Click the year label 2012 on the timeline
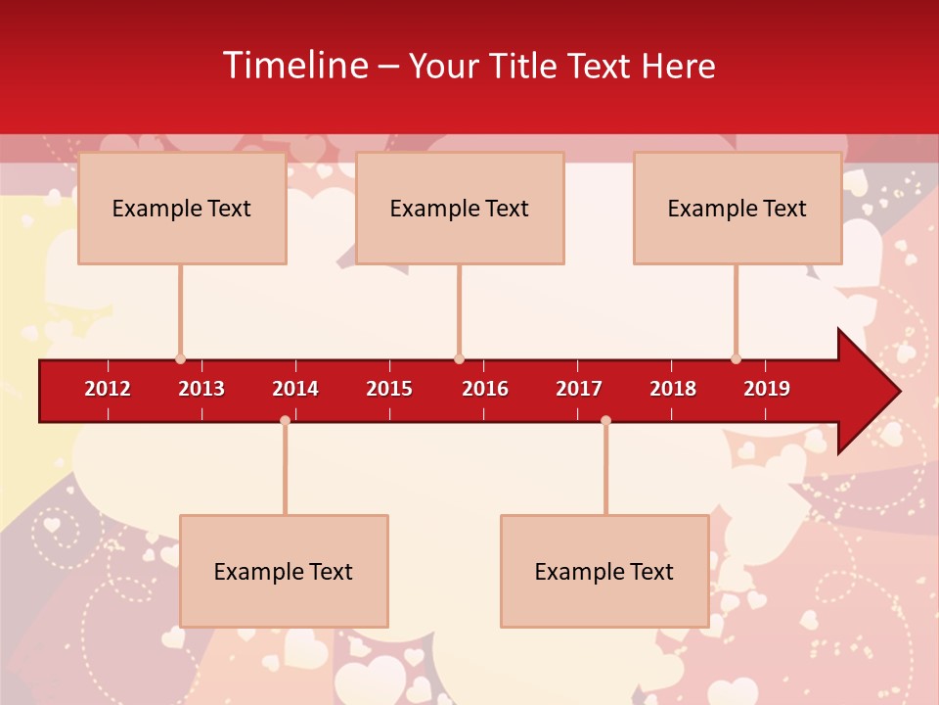point(108,389)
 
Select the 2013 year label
point(201,389)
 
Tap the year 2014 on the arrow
point(295,389)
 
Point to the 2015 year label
point(389,389)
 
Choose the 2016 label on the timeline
point(485,389)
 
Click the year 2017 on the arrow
point(579,389)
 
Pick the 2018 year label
point(673,389)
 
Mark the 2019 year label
point(767,389)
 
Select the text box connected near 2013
point(182,208)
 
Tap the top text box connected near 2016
point(460,208)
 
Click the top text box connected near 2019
point(738,208)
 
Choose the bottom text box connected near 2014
point(284,571)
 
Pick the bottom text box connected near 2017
point(604,571)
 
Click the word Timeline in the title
point(295,66)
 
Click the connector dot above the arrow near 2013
point(180,359)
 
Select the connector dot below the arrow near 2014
point(285,421)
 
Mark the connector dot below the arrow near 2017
point(605,421)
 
